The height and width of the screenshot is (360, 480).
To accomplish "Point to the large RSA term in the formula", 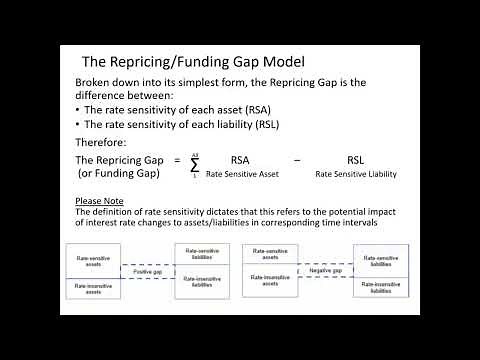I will [x=241, y=159].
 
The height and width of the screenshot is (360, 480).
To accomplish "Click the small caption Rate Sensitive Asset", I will [x=241, y=174].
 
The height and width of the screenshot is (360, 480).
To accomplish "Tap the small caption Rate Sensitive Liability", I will [x=356, y=174].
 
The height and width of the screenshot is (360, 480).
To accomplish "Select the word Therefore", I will [x=100, y=141].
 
